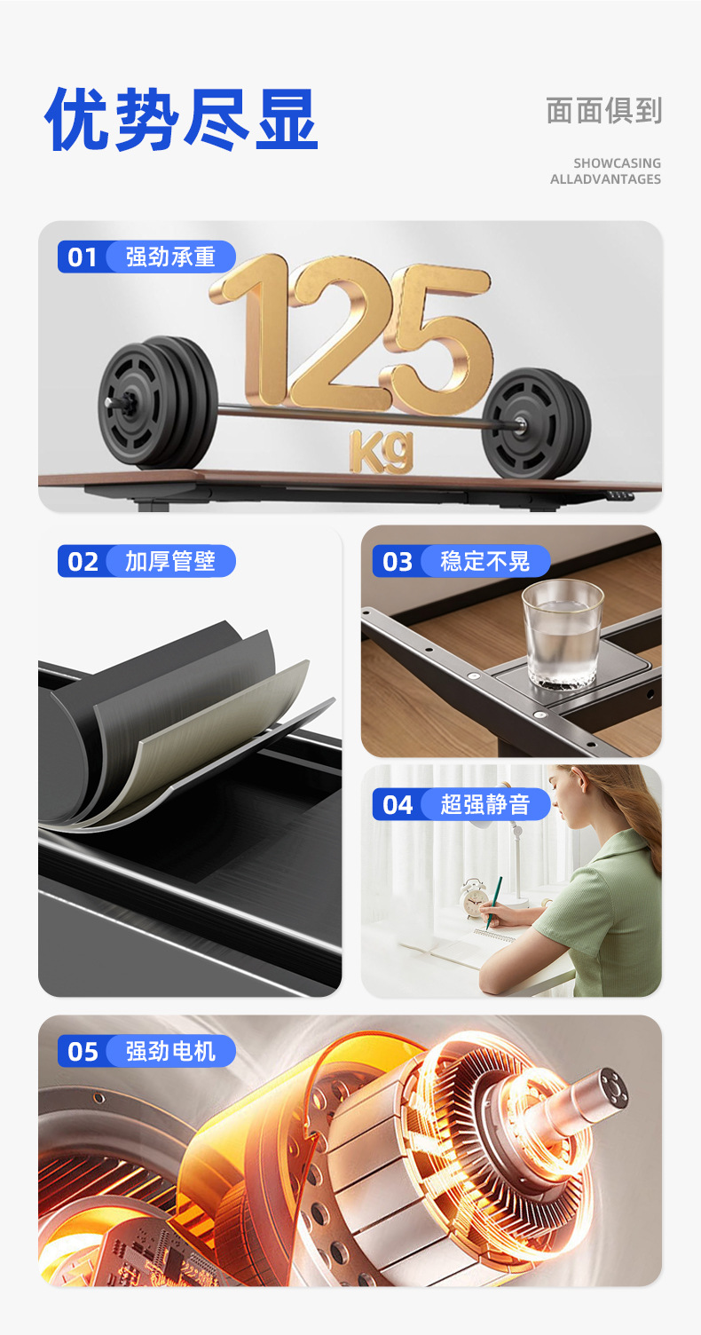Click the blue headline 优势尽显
(x=181, y=119)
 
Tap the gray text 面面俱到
(x=604, y=111)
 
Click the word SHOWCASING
(x=617, y=163)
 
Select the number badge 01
(x=83, y=257)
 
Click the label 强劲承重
(x=170, y=257)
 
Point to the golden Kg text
(x=382, y=451)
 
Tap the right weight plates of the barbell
(x=536, y=423)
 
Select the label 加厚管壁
(x=170, y=561)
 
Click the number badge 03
(x=398, y=562)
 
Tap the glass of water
(x=563, y=634)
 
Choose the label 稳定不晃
(x=484, y=561)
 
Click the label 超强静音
(x=484, y=804)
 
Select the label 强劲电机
(x=170, y=1051)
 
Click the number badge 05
(x=83, y=1051)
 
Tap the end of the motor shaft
(x=613, y=1089)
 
